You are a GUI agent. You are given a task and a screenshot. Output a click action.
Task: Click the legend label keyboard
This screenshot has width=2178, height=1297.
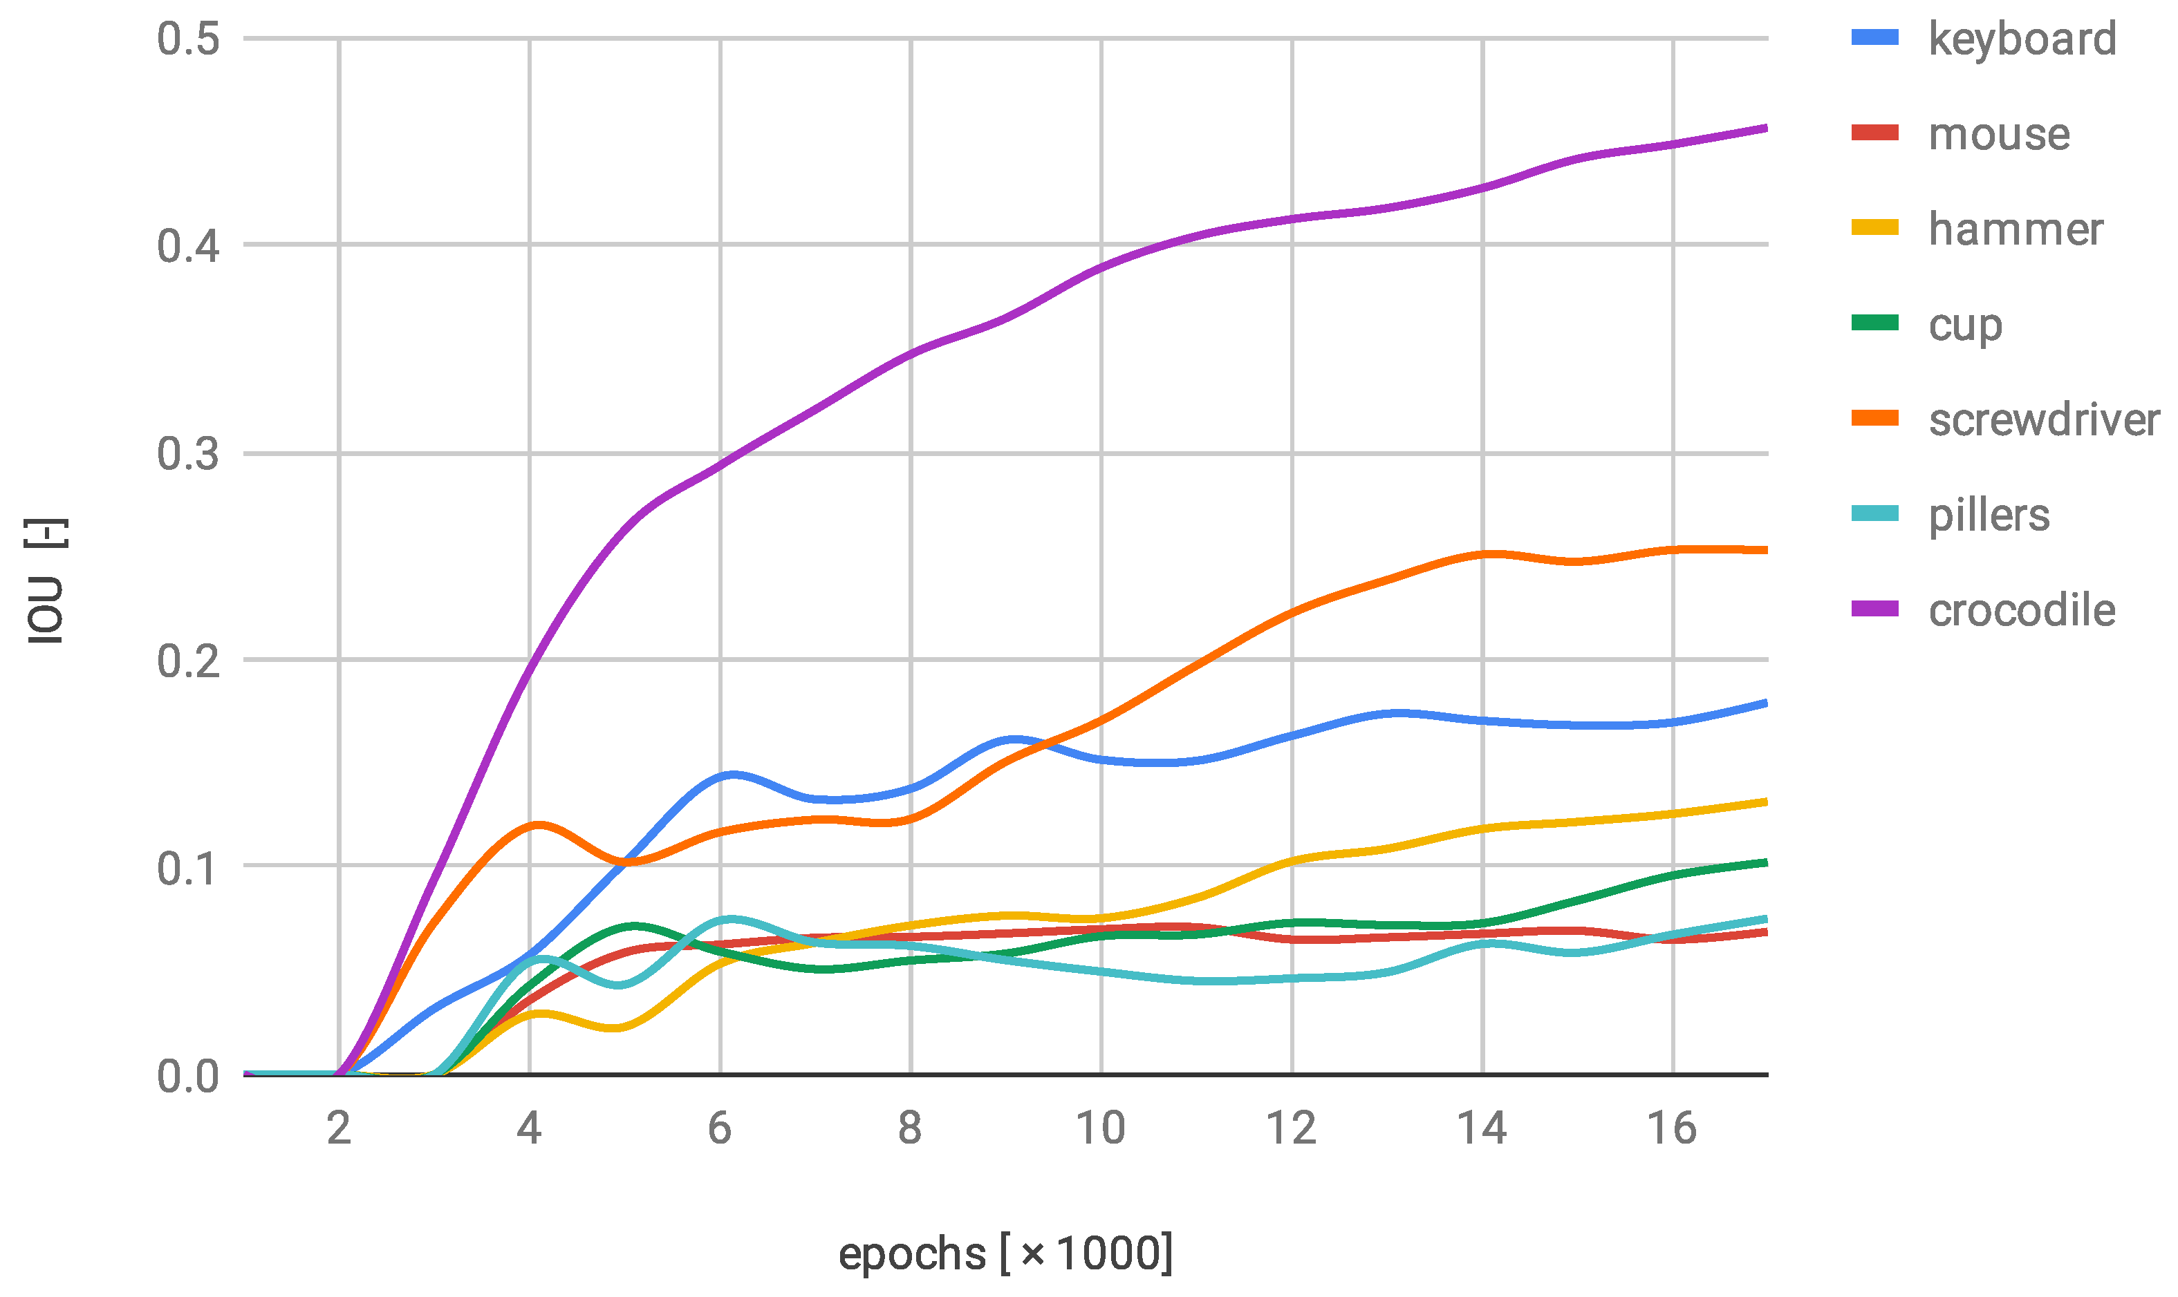point(2022,40)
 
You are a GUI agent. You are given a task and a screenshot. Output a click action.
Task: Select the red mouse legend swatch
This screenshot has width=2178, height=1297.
point(1874,133)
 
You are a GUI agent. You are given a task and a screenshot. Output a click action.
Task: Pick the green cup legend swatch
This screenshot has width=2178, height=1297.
point(1874,323)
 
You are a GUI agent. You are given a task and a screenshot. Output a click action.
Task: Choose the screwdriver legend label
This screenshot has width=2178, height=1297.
point(2043,419)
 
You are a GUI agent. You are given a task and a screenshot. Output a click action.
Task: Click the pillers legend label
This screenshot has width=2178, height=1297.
point(1989,515)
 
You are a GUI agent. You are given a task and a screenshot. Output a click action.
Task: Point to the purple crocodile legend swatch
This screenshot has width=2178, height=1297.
point(1874,609)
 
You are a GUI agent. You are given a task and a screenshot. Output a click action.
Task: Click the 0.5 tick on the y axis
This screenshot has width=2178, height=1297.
point(188,39)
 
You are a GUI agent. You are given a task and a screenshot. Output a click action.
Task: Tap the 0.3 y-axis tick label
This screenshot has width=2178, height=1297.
point(188,455)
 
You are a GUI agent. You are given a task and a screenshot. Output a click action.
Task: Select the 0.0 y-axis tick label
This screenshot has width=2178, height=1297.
point(188,1077)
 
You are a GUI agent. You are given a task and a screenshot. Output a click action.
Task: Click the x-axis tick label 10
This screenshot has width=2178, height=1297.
point(1100,1128)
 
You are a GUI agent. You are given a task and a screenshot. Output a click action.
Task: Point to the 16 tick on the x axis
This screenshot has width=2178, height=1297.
point(1672,1128)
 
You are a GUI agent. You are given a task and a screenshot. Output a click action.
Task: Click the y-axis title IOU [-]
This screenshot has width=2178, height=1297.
point(46,581)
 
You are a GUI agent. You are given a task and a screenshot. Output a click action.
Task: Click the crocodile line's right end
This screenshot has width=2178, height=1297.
point(1765,129)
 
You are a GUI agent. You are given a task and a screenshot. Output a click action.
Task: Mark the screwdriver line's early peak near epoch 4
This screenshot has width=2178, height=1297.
point(538,824)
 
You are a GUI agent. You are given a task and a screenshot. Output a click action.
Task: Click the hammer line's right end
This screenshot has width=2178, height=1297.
point(1765,802)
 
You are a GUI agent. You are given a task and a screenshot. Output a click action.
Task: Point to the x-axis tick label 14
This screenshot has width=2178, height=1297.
point(1482,1128)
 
